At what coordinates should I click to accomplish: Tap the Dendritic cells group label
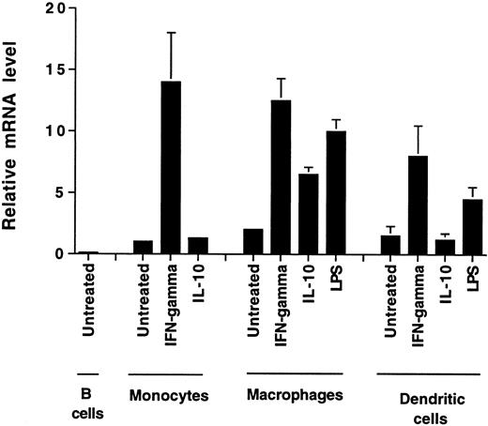coord(433,393)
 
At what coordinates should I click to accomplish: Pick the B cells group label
coord(85,393)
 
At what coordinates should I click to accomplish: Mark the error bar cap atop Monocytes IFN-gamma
coord(172,33)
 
